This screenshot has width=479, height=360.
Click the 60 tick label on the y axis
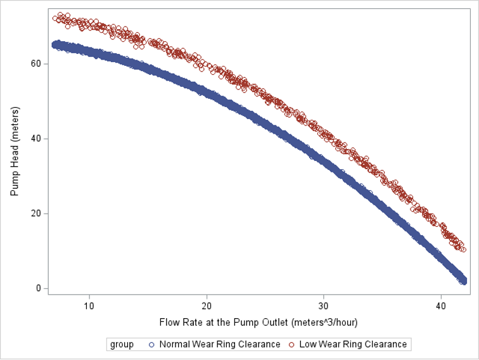click(35, 63)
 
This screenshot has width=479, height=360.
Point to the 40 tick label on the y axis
click(35, 138)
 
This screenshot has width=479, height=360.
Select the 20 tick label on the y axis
click(35, 213)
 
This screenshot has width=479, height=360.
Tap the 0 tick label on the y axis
click(38, 288)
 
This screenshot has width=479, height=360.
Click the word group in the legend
click(122, 344)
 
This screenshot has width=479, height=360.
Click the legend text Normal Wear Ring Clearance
click(220, 344)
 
